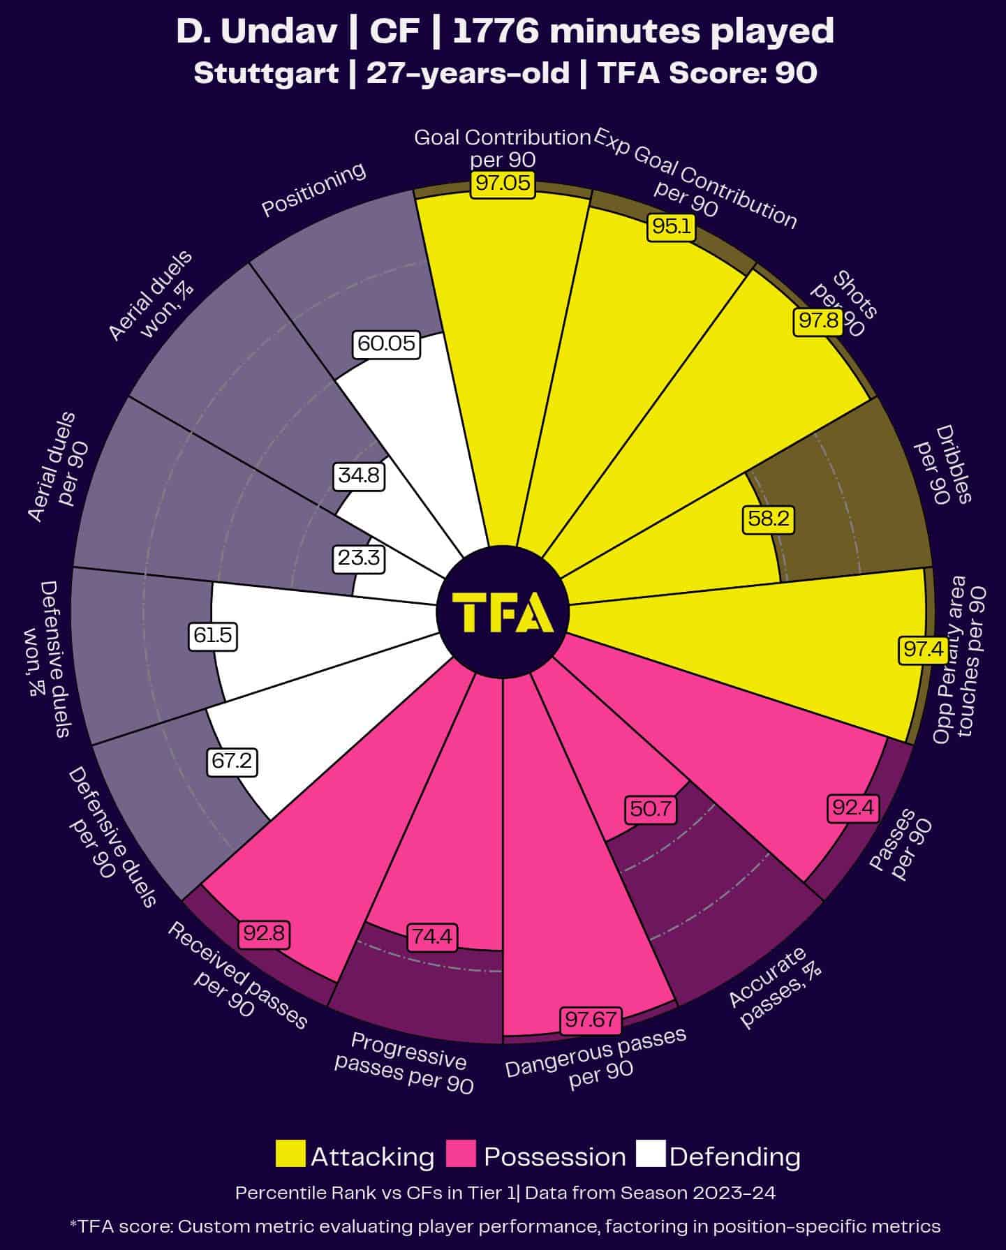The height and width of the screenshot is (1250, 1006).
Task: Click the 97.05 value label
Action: point(503,184)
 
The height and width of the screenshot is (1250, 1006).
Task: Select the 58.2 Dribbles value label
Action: point(768,519)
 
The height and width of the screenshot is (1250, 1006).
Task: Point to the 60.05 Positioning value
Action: point(386,343)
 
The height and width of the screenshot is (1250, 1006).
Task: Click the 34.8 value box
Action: point(359,475)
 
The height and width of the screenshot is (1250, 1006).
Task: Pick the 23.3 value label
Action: point(359,558)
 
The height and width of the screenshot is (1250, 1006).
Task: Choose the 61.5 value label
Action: point(213,636)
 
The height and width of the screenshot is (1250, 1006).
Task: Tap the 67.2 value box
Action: point(232,761)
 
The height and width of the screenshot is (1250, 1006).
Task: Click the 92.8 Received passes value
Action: point(264,933)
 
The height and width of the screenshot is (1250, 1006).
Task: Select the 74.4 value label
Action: point(432,937)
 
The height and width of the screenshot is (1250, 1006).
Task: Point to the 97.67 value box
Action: point(591,1020)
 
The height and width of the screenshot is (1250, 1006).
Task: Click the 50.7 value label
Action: point(650,809)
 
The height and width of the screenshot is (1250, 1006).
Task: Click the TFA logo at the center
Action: point(503,612)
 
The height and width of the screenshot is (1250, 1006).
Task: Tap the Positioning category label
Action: point(313,189)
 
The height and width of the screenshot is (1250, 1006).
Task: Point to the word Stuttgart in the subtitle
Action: point(266,73)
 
